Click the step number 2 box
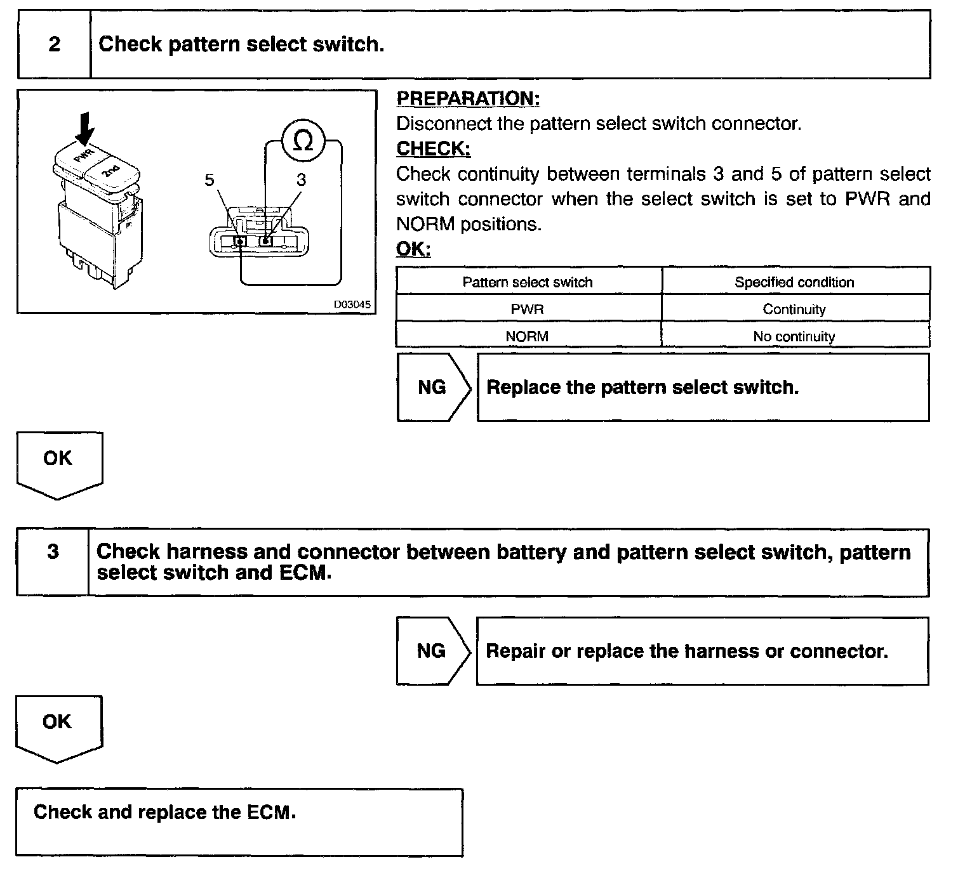click(x=54, y=44)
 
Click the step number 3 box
click(x=53, y=552)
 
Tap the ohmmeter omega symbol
click(x=303, y=141)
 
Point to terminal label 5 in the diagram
click(x=210, y=180)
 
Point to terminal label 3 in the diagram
click(x=301, y=180)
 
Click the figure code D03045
click(x=352, y=304)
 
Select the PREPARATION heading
click(x=468, y=98)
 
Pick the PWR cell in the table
click(x=527, y=310)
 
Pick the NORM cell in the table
click(x=527, y=336)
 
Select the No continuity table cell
click(x=794, y=336)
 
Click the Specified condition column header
click(x=794, y=282)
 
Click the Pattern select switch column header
click(x=527, y=282)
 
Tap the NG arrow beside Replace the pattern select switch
click(x=433, y=387)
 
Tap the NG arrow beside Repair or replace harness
click(x=432, y=651)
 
